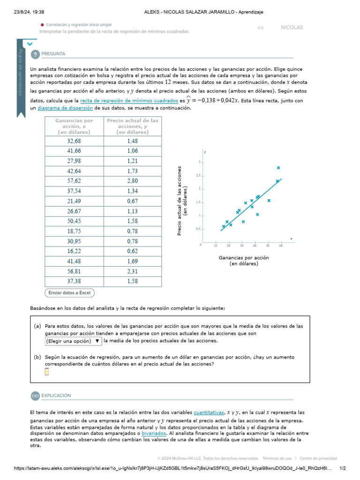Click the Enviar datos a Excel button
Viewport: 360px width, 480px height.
69,293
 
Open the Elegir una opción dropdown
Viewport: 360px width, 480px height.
73,341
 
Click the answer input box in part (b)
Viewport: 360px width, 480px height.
47,372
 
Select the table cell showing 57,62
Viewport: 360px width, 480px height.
74,180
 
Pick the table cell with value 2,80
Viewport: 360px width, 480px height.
133,180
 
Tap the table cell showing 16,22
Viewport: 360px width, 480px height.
74,251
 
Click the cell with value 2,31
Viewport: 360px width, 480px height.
133,271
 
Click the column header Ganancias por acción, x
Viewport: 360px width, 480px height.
74,126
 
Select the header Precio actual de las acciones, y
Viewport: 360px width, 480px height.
133,126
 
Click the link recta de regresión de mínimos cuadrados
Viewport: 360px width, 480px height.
129,101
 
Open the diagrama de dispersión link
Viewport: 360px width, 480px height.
65,108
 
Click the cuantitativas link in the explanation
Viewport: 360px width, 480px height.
209,412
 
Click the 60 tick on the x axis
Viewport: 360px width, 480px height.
280,246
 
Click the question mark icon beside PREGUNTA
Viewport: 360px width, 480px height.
35,54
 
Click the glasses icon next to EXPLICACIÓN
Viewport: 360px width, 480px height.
35,396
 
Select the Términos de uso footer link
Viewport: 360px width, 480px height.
277,458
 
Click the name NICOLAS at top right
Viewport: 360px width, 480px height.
292,28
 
